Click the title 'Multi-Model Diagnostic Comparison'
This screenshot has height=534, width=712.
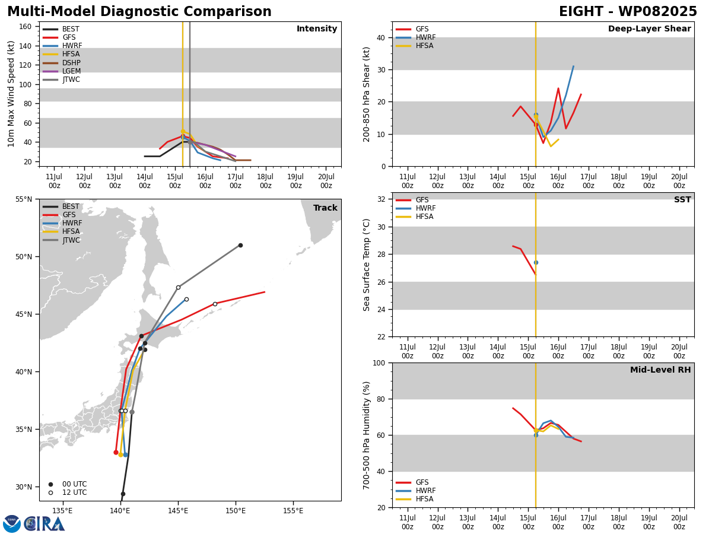pos(139,11)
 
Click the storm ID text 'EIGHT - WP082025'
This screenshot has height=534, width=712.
pos(628,11)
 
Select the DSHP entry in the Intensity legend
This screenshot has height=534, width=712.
pos(62,62)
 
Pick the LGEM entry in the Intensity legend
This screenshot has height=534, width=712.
pos(62,71)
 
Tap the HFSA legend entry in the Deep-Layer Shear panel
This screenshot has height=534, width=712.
pos(415,46)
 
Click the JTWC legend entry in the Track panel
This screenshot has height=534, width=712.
pos(61,240)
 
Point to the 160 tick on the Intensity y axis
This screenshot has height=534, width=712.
pos(25,27)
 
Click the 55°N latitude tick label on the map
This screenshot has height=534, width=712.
pos(24,199)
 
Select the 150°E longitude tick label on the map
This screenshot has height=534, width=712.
pos(236,511)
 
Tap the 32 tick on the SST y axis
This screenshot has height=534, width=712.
pos(382,199)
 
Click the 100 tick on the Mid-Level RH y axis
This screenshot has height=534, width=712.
pos(379,363)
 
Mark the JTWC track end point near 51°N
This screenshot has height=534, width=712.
pos(240,246)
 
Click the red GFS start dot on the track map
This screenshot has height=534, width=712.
pos(116,452)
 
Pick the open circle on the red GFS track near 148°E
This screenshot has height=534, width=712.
pos(215,304)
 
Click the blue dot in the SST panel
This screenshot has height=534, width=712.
pos(536,263)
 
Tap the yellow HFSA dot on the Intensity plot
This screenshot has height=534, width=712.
pos(183,132)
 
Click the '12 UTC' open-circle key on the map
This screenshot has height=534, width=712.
pos(68,492)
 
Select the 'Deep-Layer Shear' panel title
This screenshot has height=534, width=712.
pos(649,28)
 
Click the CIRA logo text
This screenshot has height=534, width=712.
pos(44,523)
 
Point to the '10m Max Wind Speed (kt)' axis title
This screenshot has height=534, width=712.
pos(11,94)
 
